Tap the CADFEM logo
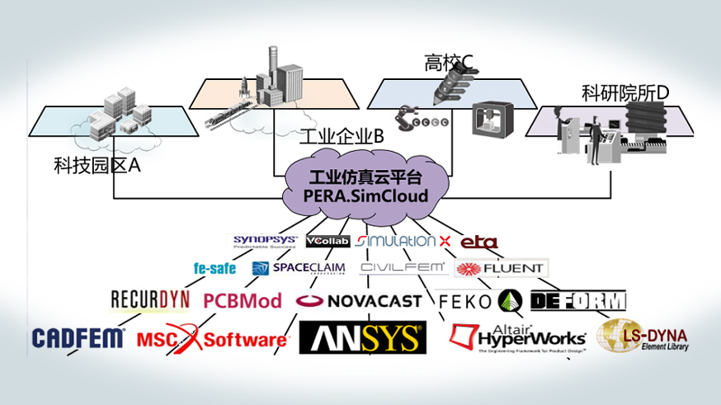point(78,337)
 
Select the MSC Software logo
point(212,338)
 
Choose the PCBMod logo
point(243,300)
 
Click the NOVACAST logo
point(360,301)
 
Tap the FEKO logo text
point(465,301)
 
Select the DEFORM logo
point(577,300)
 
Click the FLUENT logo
point(501,268)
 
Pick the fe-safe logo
point(214,268)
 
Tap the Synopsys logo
point(263,241)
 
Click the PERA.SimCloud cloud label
point(366,188)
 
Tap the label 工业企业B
point(341,136)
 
